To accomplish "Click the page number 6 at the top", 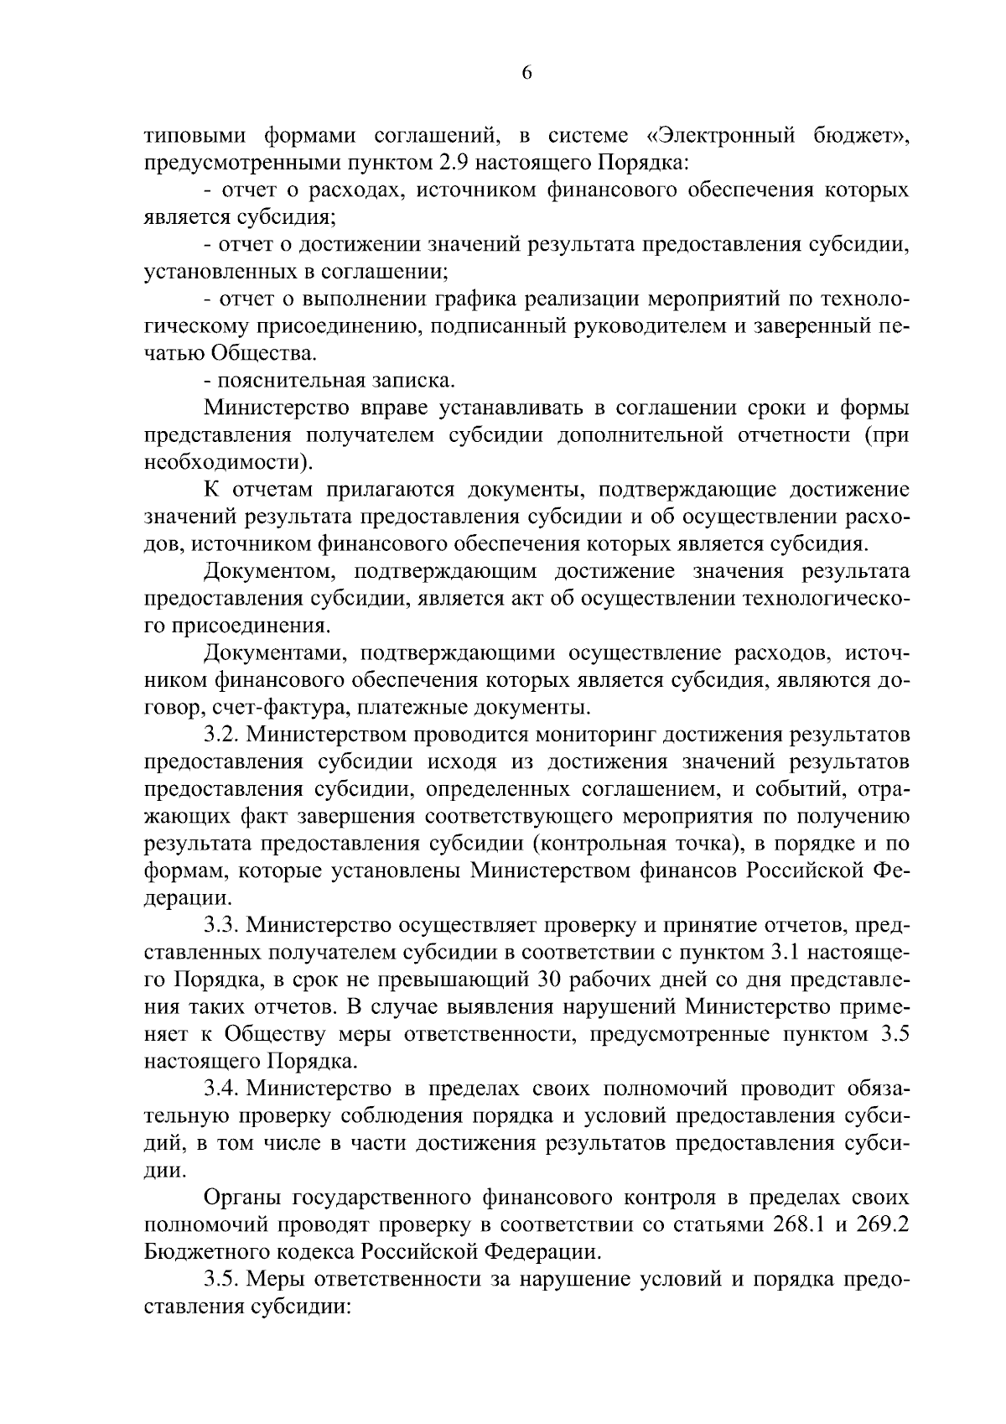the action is [x=526, y=73].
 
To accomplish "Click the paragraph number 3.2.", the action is [x=222, y=735].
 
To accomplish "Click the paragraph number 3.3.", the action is [x=222, y=925].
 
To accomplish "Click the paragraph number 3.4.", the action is [x=222, y=1089].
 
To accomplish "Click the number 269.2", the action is [x=881, y=1225].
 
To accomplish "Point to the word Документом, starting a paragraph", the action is [x=267, y=571].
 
